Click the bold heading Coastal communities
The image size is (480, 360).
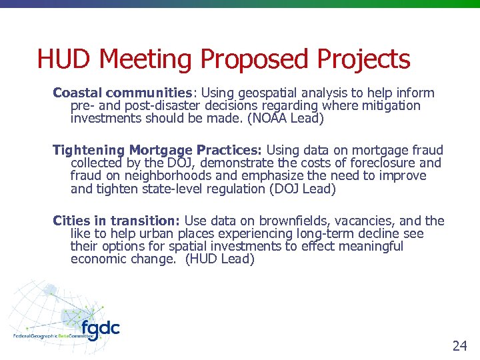pos(123,93)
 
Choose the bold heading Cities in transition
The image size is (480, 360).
pos(117,221)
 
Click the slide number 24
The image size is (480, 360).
pos(459,345)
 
